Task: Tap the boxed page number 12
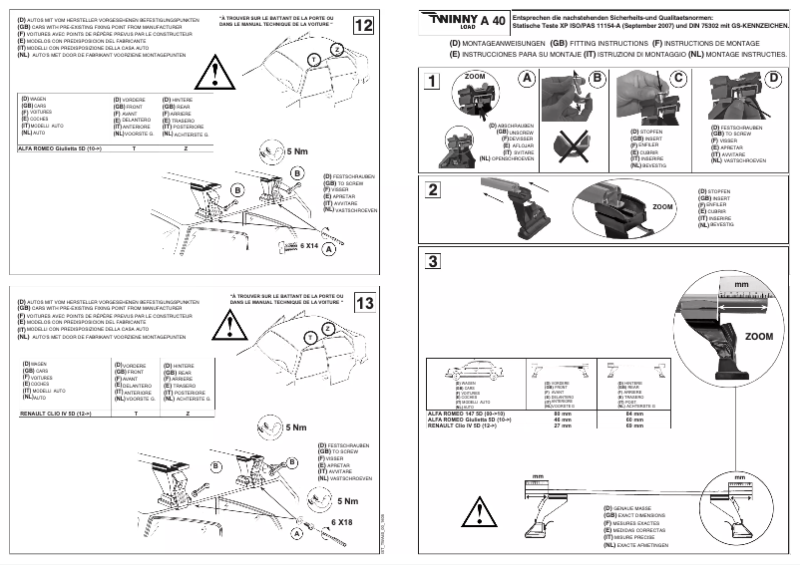[365, 25]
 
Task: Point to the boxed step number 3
[432, 262]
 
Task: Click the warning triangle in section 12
[213, 71]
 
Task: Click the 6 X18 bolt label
[342, 521]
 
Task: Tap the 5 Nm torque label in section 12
[296, 150]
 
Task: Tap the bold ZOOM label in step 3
[759, 337]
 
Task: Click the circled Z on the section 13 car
[327, 329]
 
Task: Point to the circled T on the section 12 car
[314, 61]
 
